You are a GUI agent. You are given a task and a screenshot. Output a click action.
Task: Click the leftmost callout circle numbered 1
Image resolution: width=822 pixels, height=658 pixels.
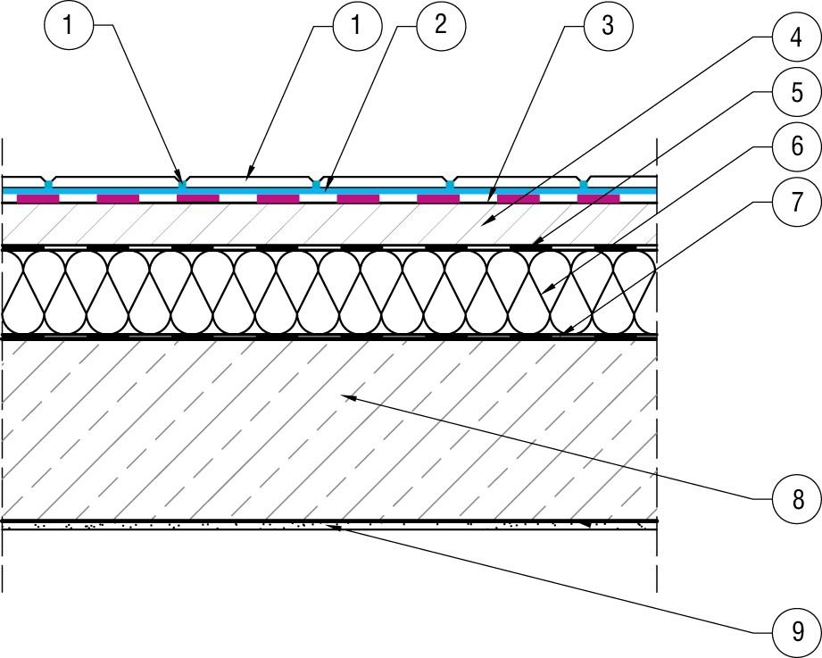click(68, 25)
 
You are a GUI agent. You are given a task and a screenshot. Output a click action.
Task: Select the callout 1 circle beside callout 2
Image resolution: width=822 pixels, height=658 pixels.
click(356, 25)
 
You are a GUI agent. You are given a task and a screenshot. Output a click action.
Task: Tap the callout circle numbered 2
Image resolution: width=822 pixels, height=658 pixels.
click(441, 25)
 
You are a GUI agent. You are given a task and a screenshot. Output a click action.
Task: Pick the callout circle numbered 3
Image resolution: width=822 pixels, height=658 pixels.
click(608, 25)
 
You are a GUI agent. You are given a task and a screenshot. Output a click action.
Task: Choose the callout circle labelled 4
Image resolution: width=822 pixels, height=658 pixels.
click(796, 37)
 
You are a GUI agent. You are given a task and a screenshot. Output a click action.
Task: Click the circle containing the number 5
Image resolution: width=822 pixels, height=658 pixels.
click(796, 92)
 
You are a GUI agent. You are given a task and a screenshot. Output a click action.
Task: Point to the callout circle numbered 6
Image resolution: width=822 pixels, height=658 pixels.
click(796, 146)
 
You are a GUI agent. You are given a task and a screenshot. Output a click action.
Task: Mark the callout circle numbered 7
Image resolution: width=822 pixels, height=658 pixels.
click(796, 202)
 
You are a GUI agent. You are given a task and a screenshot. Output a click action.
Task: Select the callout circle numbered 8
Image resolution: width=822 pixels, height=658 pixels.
click(797, 500)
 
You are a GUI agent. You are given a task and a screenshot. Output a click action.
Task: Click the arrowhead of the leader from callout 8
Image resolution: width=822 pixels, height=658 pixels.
click(349, 398)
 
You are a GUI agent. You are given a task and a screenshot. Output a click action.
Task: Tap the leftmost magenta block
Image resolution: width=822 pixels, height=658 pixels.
click(38, 199)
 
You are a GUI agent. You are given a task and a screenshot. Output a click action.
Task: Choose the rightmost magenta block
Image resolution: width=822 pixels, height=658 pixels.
click(598, 199)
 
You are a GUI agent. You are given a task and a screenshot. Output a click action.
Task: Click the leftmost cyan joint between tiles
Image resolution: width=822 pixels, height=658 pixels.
click(49, 185)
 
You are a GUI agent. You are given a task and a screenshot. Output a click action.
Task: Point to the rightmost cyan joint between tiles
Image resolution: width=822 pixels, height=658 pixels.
click(584, 185)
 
